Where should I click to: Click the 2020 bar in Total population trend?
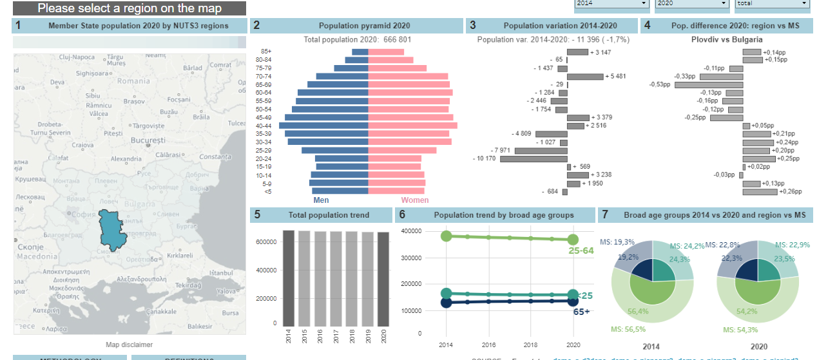pyautogui.click(x=383, y=279)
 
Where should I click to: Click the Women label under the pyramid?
pyautogui.click(x=415, y=200)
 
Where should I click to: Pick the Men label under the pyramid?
pyautogui.click(x=321, y=200)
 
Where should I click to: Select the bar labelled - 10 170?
pyautogui.click(x=533, y=158)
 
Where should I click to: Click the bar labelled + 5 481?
pyautogui.click(x=585, y=77)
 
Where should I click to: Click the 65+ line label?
pyautogui.click(x=581, y=312)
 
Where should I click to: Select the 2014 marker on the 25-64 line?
pyautogui.click(x=446, y=236)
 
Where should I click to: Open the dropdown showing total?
pyautogui.click(x=771, y=4)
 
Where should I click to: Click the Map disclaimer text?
pyautogui.click(x=130, y=345)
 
